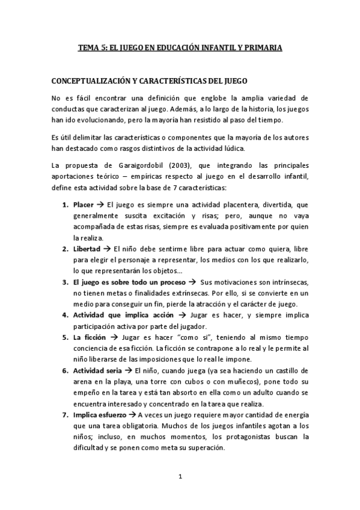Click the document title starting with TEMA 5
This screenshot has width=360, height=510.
180,46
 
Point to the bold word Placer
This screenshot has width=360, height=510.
82,206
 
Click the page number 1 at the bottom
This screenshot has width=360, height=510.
180,478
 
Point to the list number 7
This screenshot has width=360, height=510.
66,414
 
